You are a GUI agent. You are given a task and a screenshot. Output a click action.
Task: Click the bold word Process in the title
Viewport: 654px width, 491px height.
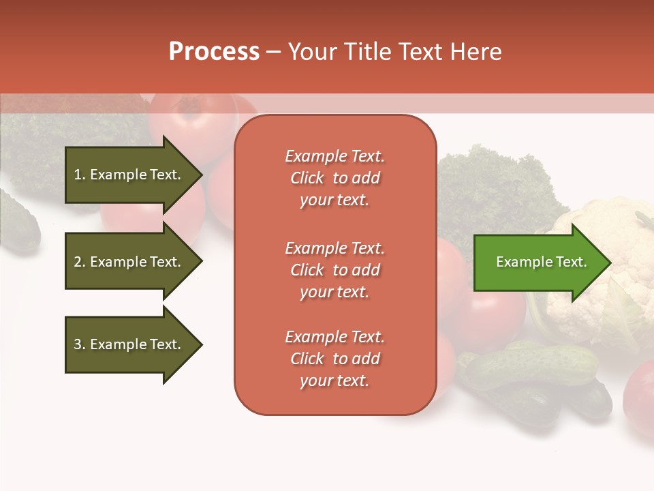(x=214, y=52)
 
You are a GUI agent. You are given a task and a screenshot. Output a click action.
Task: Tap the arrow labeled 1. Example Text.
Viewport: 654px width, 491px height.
(x=129, y=175)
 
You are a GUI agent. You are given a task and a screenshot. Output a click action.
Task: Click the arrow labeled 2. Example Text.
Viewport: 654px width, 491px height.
(x=129, y=262)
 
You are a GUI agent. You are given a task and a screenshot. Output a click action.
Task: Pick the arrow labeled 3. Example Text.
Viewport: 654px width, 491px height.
(x=129, y=344)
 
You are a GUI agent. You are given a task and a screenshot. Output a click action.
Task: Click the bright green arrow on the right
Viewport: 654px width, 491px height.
(x=538, y=262)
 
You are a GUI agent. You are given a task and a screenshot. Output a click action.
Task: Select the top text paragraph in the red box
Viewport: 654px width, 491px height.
(x=334, y=178)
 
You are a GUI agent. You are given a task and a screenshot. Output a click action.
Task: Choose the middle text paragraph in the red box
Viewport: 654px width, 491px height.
(x=334, y=269)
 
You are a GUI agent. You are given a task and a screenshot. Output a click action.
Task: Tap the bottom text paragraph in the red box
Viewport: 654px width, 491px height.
(x=334, y=359)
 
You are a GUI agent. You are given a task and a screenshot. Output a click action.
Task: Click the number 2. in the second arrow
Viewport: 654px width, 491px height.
(x=80, y=262)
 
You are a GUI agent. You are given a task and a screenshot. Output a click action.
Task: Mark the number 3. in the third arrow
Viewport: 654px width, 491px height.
(x=80, y=344)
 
